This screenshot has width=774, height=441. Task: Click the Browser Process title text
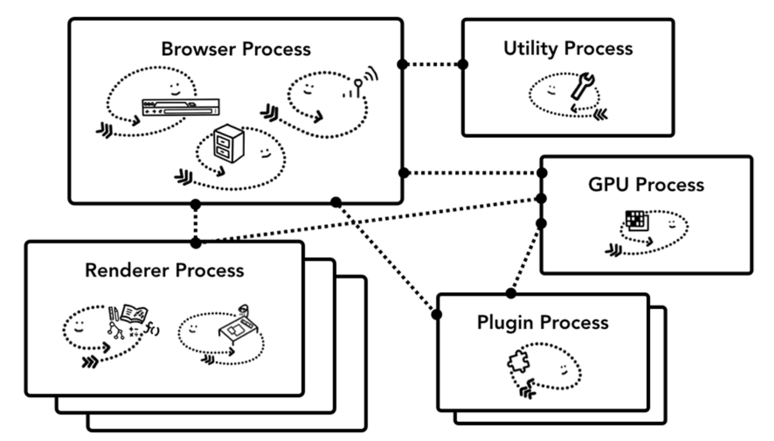[236, 49]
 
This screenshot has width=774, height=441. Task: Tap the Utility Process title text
[568, 48]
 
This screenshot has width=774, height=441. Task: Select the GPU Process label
[646, 185]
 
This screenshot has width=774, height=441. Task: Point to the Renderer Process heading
[164, 270]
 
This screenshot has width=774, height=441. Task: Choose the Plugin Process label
[543, 323]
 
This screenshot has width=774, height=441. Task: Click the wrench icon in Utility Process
[582, 86]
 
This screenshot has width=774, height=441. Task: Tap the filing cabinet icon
[229, 143]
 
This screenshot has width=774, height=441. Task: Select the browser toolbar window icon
[181, 107]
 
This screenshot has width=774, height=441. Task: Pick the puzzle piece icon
[518, 362]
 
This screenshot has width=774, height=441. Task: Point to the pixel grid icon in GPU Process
[637, 221]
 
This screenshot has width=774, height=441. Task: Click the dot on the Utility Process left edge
[463, 64]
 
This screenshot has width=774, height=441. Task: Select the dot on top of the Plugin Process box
[511, 293]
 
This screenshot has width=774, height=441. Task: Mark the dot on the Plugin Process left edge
[437, 315]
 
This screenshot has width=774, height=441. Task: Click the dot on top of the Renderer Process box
[195, 243]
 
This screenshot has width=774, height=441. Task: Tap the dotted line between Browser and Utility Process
[432, 64]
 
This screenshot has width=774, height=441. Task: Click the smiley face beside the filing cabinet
[265, 153]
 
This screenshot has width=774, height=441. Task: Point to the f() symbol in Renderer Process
[152, 328]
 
